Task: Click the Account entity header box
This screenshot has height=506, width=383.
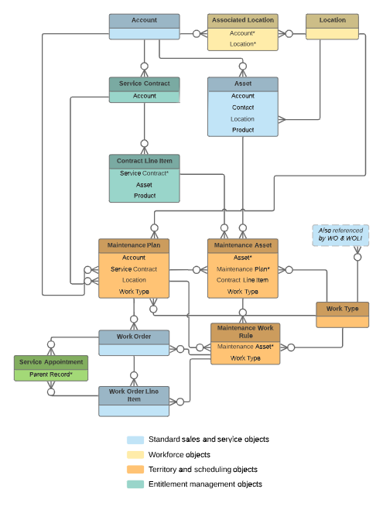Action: point(144,21)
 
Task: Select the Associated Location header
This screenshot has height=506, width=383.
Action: point(242,21)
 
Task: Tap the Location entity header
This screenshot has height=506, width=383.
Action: point(332,21)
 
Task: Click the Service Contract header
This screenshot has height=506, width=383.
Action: point(144,84)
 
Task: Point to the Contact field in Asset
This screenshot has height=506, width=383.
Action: point(242,108)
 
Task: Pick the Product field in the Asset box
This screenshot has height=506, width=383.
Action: point(242,130)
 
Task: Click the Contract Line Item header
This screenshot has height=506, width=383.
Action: point(144,161)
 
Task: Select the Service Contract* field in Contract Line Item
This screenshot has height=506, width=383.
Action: point(144,173)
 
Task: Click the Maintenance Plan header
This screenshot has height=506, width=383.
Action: point(134,245)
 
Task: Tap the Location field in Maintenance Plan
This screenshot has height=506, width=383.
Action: point(134,280)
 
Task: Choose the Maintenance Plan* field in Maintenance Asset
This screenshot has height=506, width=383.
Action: point(242,268)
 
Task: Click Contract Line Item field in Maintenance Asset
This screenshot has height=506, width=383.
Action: point(242,280)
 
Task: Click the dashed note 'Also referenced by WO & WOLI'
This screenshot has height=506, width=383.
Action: point(340,235)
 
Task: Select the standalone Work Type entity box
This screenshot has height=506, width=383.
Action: point(342,309)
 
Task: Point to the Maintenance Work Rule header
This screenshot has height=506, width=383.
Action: point(245,332)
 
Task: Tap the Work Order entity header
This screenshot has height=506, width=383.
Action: point(134,337)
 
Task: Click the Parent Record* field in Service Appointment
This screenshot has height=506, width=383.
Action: point(51,374)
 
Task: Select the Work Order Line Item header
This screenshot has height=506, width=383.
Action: point(134,395)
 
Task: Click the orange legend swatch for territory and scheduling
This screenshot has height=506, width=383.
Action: point(135,469)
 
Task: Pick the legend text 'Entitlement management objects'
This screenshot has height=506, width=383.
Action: point(205,484)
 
